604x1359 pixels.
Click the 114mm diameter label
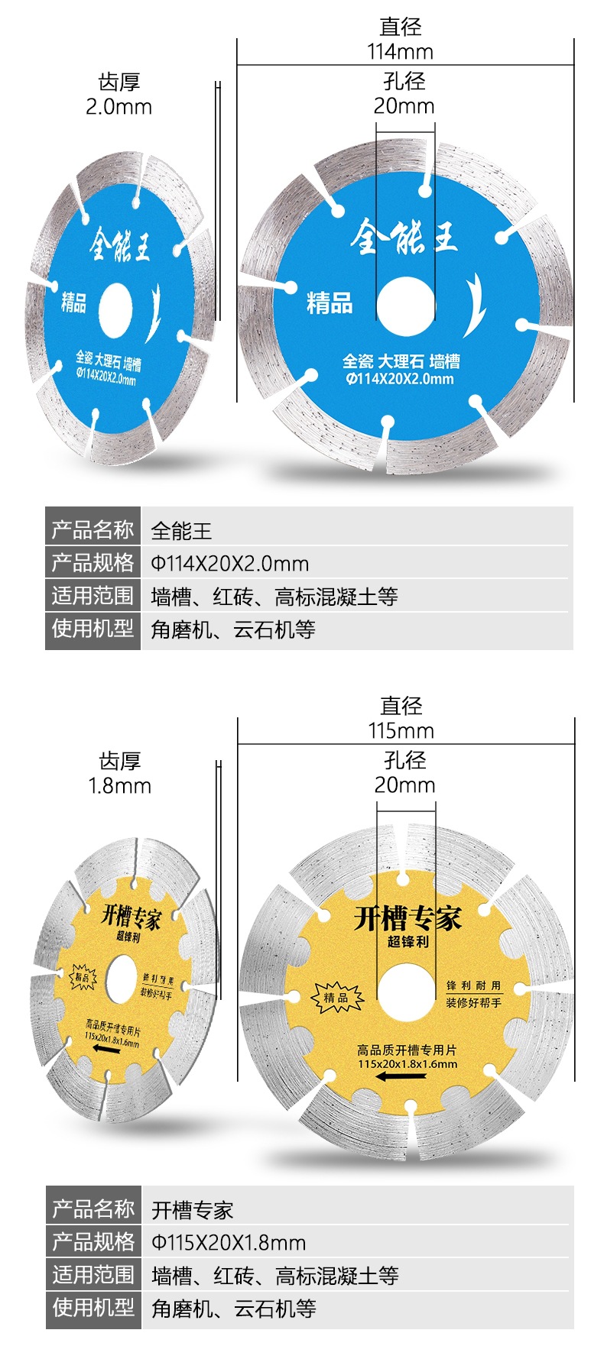(400, 51)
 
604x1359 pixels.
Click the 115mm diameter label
(401, 730)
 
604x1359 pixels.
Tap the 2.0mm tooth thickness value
(119, 106)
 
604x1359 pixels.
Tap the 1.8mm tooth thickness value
(119, 785)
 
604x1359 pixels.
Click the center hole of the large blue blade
(404, 307)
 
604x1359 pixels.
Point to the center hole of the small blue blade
(115, 309)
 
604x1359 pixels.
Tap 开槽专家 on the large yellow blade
(408, 917)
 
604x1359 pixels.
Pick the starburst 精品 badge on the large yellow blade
(336, 997)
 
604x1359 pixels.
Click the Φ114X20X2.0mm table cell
(230, 564)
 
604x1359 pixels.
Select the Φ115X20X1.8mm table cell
(229, 1242)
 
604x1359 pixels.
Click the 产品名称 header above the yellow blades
(93, 1209)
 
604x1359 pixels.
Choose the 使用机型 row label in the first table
(93, 629)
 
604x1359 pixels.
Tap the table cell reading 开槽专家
(192, 1210)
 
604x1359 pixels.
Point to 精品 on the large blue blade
(330, 303)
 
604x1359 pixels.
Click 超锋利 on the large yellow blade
(408, 941)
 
